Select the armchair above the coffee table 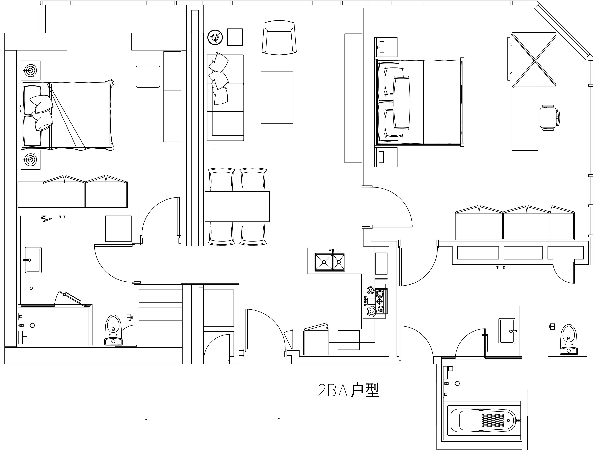coord(279,38)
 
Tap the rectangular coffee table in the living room coord(277,97)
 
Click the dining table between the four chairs coord(237,206)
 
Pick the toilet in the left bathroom coord(113,330)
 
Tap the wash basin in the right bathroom coord(507,331)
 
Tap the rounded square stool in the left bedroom coord(148,77)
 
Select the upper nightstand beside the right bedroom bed coord(386,47)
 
